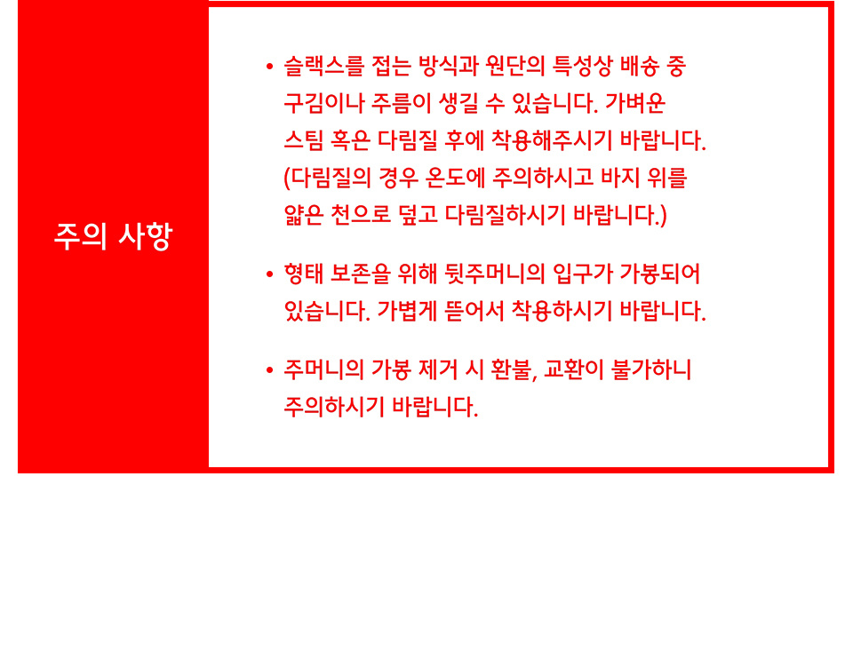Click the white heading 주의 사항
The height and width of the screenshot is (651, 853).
click(x=113, y=236)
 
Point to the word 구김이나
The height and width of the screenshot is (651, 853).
click(x=323, y=103)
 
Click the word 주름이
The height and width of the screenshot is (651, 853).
click(x=401, y=103)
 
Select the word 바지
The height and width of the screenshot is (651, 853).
click(x=619, y=178)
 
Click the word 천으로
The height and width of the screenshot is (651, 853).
click(x=361, y=214)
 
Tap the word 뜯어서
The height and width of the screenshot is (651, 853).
click(x=474, y=311)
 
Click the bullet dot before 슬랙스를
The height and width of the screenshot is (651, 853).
click(x=269, y=67)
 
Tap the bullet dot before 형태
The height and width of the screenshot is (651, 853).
click(x=269, y=274)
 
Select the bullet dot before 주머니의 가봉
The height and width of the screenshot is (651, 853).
click(x=269, y=370)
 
